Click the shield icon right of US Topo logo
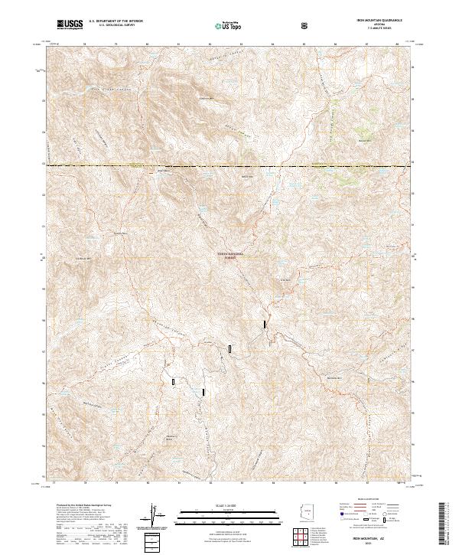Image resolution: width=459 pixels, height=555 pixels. [305, 25]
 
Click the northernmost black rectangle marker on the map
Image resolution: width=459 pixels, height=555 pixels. [265, 324]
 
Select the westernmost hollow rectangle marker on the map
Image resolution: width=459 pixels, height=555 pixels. [174, 380]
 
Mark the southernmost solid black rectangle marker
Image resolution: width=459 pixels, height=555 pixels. [203, 392]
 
